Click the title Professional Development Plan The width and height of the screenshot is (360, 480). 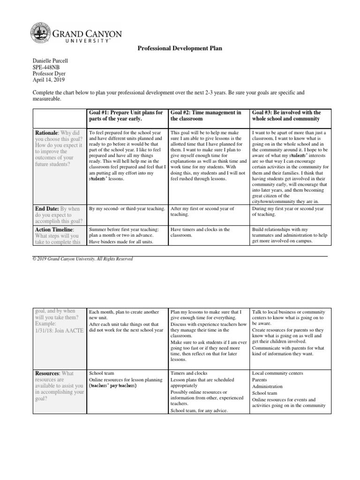[180, 48]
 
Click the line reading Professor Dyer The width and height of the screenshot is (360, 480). [49, 74]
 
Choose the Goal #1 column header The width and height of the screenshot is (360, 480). [126, 115]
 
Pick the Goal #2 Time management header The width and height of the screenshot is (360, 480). [206, 115]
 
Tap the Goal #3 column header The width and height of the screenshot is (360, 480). [286, 115]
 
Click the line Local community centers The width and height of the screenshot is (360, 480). [277, 373]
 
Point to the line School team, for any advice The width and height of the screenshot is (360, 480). [199, 411]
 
